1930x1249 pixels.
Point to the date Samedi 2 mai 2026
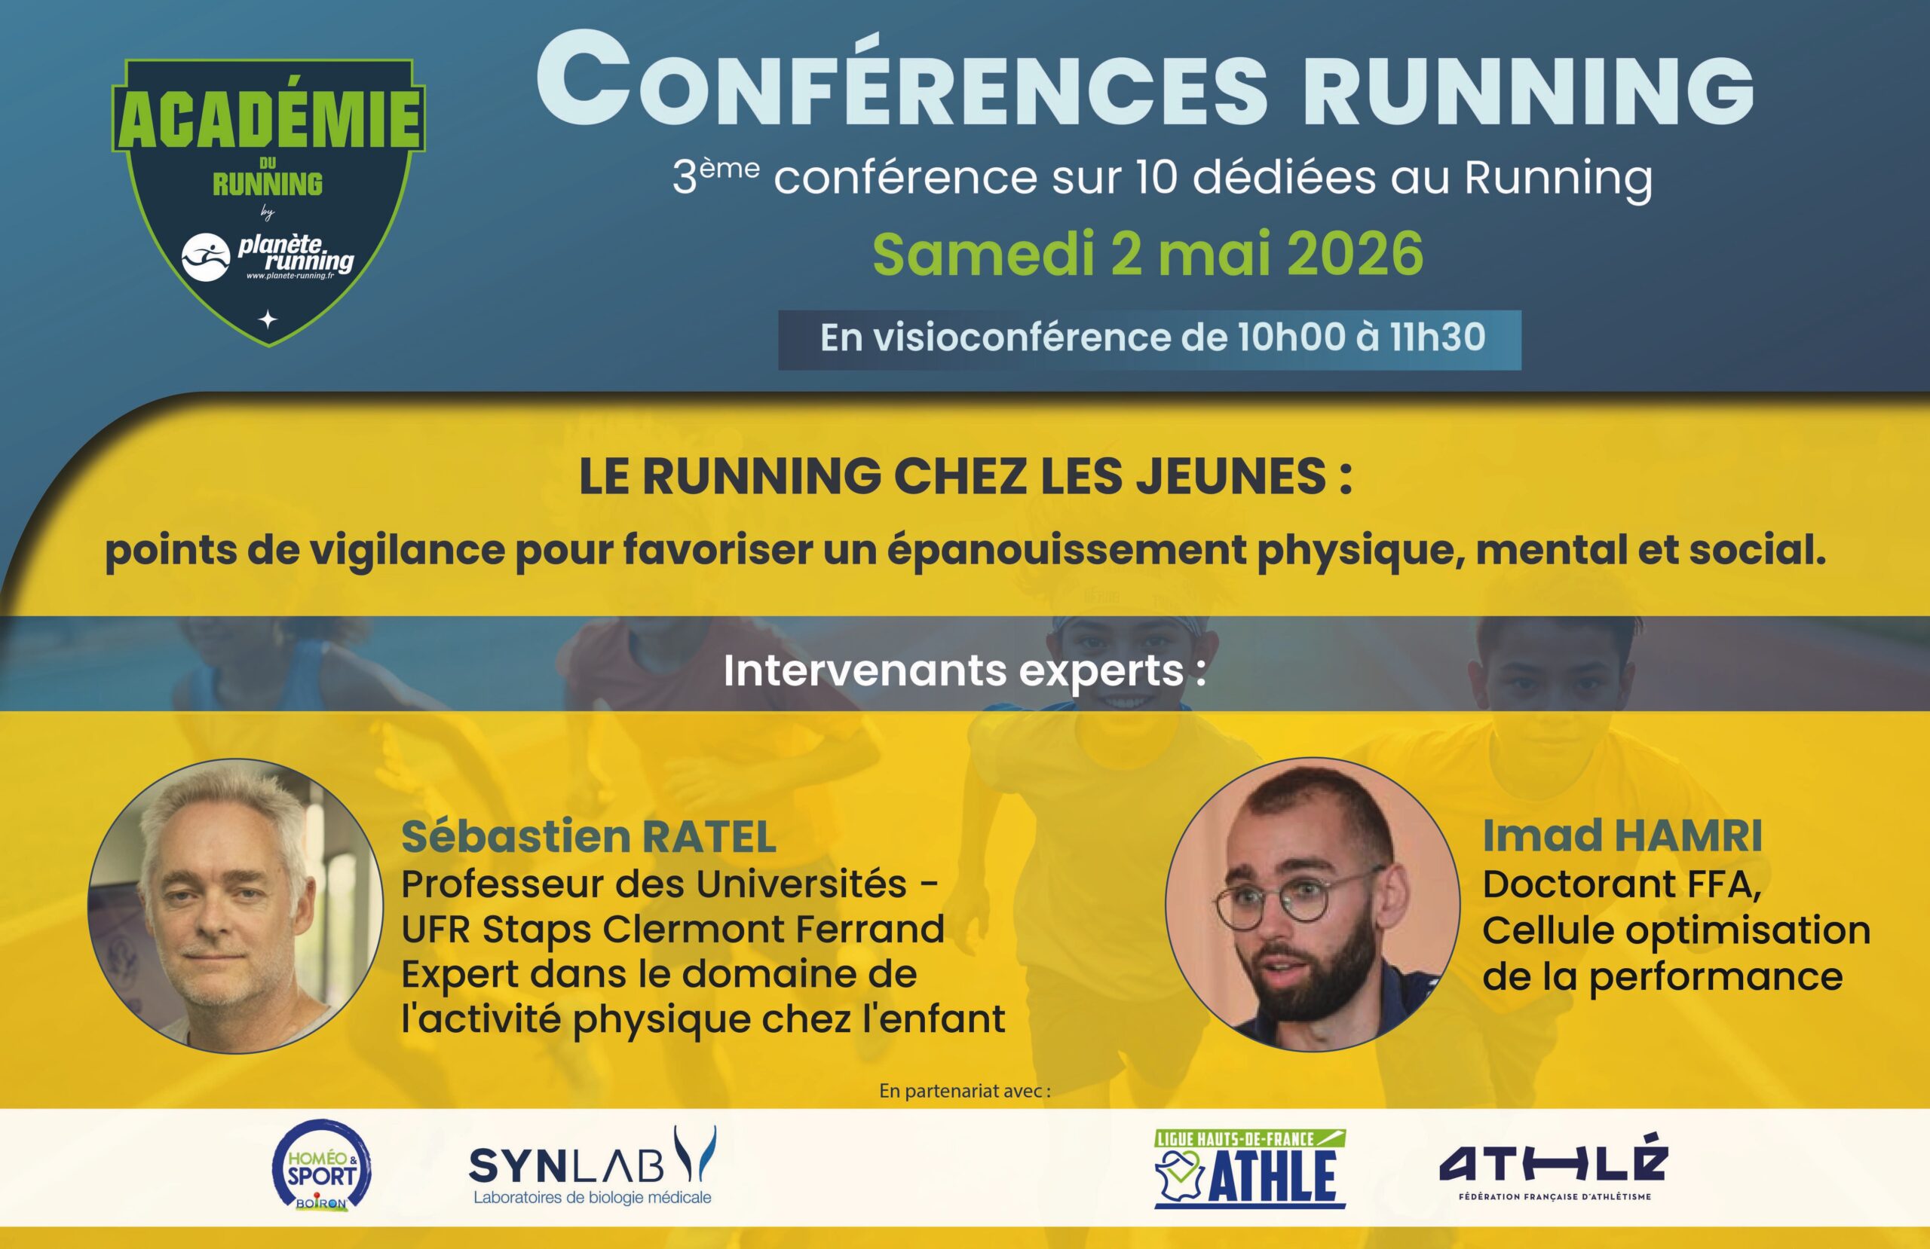coord(1147,253)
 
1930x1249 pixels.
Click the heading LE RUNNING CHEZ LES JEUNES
coord(965,477)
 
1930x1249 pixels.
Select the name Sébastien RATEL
coord(589,837)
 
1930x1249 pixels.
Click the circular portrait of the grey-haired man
coord(235,906)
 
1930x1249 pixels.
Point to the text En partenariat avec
coord(964,1091)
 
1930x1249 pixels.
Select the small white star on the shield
coord(267,320)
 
